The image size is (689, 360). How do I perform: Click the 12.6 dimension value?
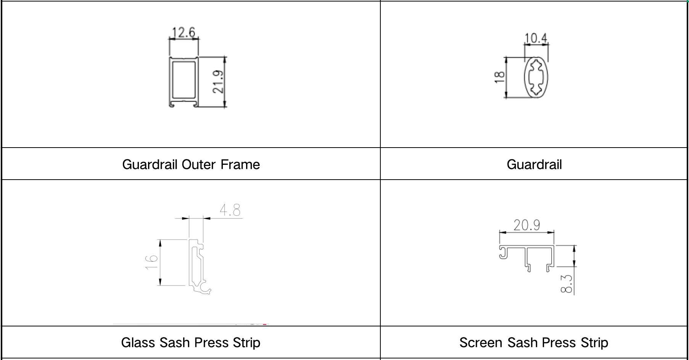184,32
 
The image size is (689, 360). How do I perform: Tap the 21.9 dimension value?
218,82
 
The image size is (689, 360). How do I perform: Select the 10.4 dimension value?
536,38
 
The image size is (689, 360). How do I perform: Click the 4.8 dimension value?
230,210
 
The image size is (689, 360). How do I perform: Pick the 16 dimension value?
151,262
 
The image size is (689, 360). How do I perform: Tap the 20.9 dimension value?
526,225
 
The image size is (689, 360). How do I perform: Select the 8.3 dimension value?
567,284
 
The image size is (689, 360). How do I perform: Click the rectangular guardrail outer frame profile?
184,82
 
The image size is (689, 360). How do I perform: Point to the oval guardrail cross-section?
536,78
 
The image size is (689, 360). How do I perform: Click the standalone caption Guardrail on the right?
534,164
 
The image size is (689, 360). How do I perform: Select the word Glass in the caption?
138,342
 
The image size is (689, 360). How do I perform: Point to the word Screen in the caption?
481,342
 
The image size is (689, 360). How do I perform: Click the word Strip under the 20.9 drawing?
594,342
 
